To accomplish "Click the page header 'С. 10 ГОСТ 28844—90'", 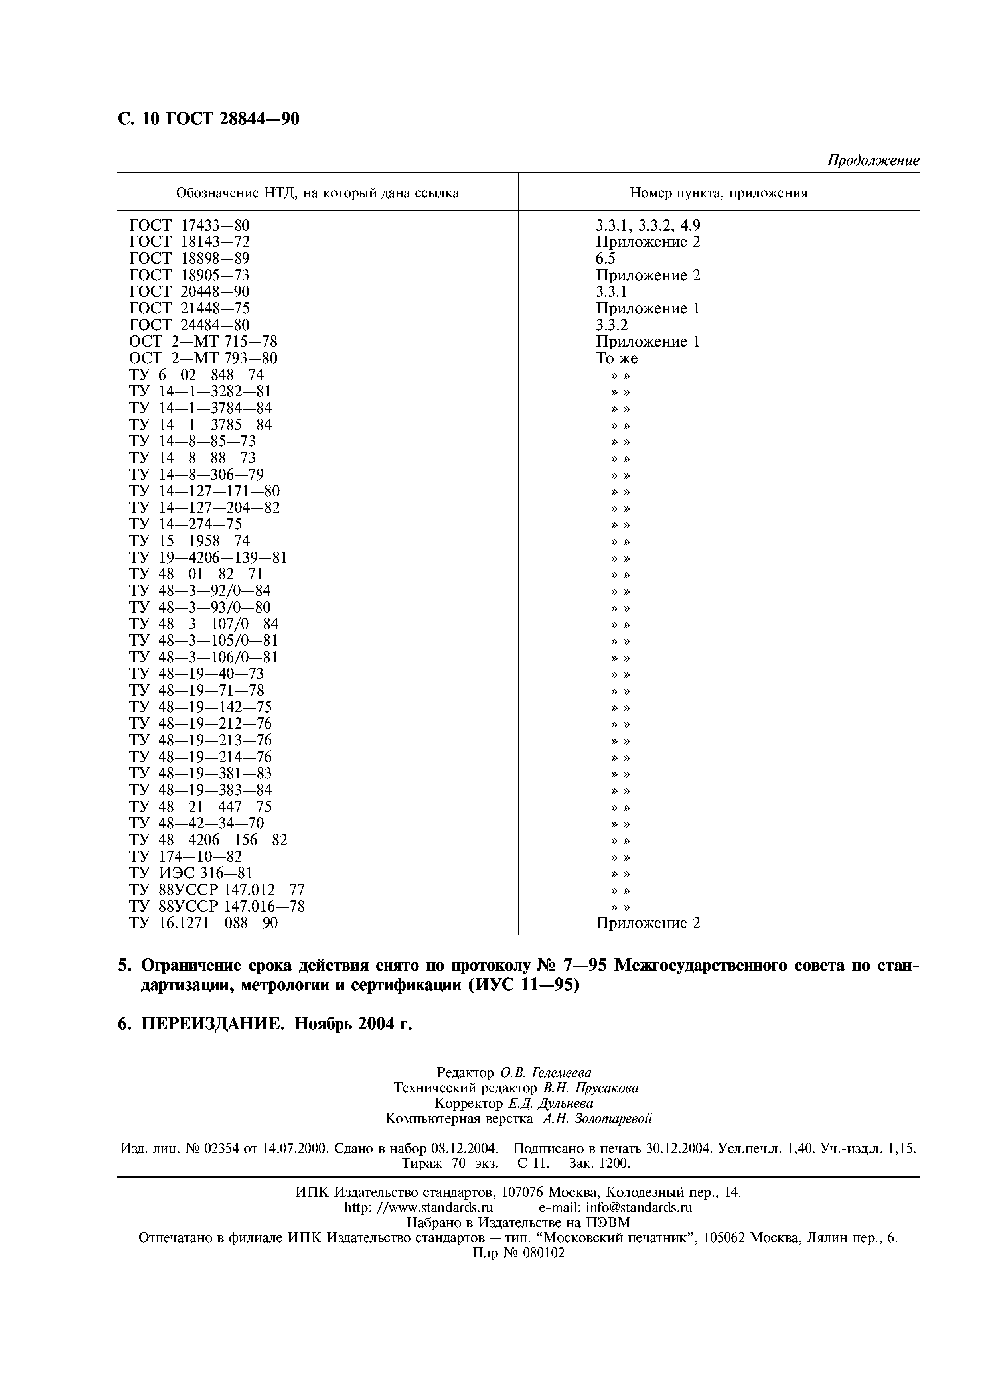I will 208,119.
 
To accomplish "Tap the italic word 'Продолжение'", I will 873,160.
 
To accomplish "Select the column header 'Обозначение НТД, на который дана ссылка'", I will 318,193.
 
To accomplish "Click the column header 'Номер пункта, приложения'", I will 719,193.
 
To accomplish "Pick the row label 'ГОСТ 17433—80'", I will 190,225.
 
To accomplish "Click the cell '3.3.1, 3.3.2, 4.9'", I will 648,225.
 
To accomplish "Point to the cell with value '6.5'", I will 606,258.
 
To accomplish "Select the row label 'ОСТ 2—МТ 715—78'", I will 203,341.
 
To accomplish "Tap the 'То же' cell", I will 617,358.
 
